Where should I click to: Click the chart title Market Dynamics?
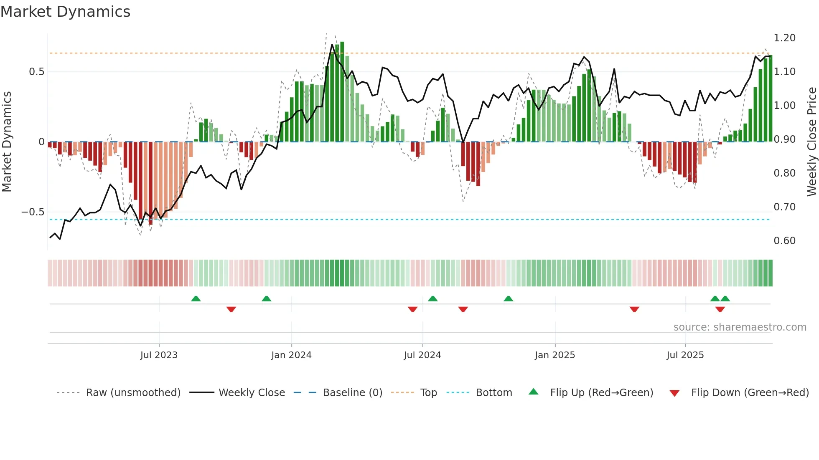point(65,12)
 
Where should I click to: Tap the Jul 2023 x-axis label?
point(159,355)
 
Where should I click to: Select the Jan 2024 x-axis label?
point(291,355)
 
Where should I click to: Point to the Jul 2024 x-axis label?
point(422,355)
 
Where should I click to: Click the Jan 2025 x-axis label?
point(555,355)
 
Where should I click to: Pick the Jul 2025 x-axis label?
point(685,355)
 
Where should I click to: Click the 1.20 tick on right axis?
point(784,38)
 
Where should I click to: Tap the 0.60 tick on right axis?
point(784,241)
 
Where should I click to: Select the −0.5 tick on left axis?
point(33,212)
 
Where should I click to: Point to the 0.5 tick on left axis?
point(37,72)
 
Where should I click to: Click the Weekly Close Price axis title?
point(811,142)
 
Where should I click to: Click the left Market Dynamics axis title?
point(7,142)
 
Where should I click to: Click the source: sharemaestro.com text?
point(740,327)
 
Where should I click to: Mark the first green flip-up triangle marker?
point(196,298)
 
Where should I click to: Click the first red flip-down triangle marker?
point(231,309)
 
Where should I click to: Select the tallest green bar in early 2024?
point(342,92)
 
